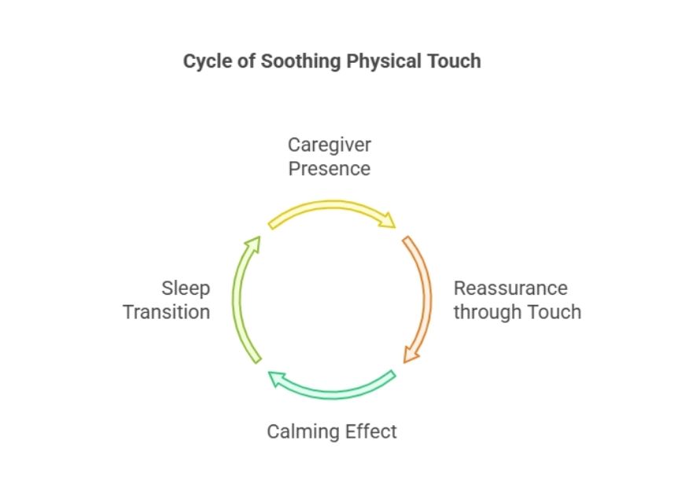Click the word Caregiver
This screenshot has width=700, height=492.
330,145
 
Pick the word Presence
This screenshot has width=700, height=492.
330,169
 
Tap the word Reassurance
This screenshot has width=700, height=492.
510,288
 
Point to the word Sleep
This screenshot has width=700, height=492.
186,288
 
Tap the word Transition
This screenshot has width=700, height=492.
167,312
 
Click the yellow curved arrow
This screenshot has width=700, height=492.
331,205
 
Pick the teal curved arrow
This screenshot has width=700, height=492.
333,395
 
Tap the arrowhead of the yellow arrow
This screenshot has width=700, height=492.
388,221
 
